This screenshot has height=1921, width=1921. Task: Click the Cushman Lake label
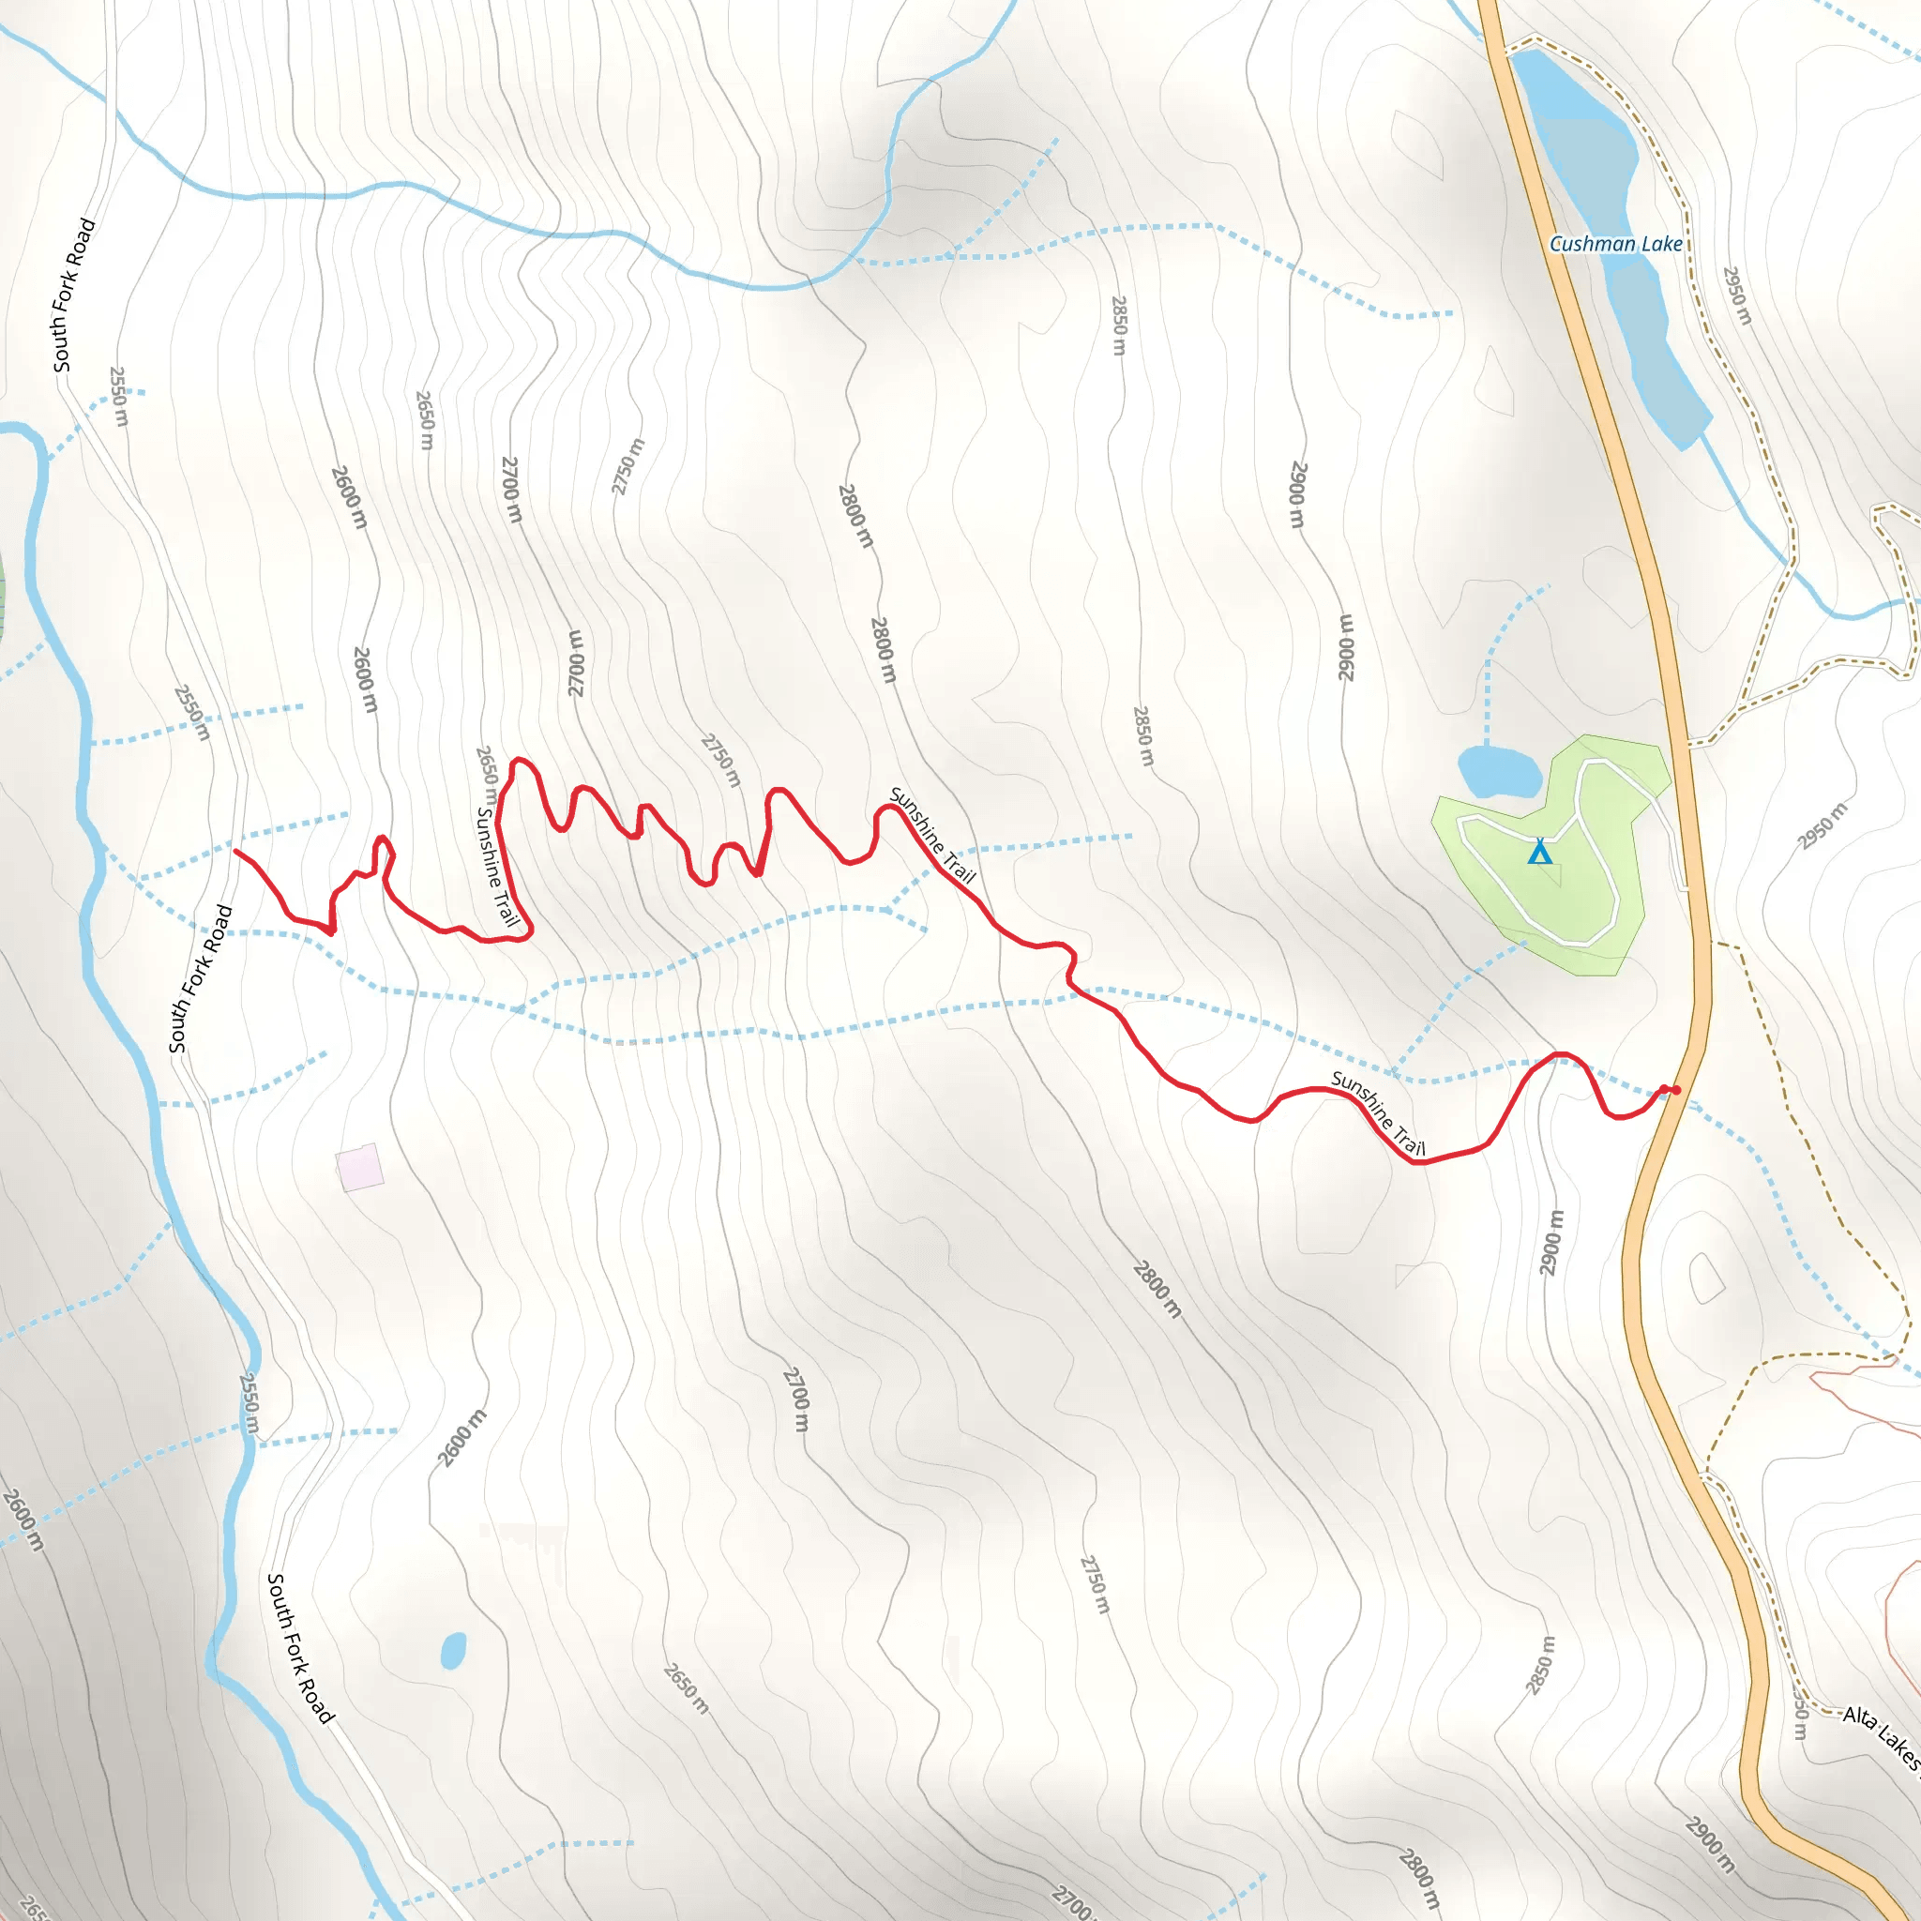click(x=1615, y=244)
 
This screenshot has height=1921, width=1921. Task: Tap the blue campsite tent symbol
click(x=1539, y=851)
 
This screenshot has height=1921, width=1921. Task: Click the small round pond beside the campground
click(x=1498, y=772)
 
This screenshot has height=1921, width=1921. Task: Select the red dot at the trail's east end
click(x=1676, y=1091)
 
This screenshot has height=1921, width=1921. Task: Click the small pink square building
click(x=360, y=1167)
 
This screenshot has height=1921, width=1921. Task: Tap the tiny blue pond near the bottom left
click(x=453, y=1651)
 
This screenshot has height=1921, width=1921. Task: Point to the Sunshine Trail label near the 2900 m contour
click(x=1378, y=1113)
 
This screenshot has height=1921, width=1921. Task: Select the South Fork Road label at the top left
click(x=75, y=295)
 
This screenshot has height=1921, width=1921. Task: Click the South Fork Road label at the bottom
click(x=300, y=1647)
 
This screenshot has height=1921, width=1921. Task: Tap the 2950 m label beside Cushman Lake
click(x=1737, y=295)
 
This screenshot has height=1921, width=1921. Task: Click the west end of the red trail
click(x=235, y=851)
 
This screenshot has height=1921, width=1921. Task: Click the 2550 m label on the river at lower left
click(x=250, y=1403)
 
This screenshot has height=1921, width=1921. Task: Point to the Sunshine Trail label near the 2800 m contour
click(x=931, y=835)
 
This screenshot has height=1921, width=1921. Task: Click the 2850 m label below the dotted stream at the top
click(x=1120, y=325)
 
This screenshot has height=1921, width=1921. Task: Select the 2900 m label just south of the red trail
click(x=1551, y=1243)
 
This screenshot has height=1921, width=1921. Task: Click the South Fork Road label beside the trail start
click(x=201, y=978)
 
